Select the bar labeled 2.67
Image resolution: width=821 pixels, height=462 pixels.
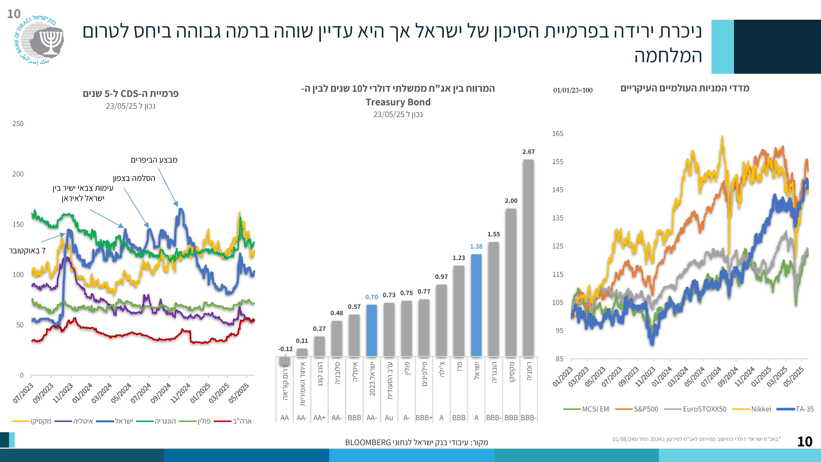[x=529, y=258]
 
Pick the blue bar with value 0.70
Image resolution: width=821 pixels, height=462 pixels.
[x=372, y=330]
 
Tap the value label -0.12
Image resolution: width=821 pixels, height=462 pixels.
[x=285, y=349]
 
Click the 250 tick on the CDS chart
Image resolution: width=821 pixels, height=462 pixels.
[x=18, y=124]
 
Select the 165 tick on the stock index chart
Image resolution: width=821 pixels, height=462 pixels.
[x=558, y=134]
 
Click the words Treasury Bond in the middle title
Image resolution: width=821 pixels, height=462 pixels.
[x=398, y=102]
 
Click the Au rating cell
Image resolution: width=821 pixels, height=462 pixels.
[x=389, y=418]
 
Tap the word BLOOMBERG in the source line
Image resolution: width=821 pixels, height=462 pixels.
[x=368, y=442]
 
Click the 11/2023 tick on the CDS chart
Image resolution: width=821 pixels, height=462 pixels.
[x=63, y=393]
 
